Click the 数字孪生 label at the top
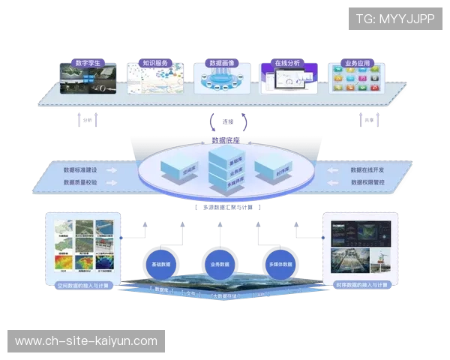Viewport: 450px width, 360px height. click(x=88, y=64)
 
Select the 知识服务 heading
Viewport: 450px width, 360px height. click(x=154, y=64)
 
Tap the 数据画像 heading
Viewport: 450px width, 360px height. click(x=223, y=64)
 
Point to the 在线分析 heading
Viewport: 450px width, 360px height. click(x=287, y=64)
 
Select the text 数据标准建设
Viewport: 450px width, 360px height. click(x=80, y=169)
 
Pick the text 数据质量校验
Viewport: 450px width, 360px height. click(x=80, y=181)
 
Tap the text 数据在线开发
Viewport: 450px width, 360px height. click(x=367, y=169)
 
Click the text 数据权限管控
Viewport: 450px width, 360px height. click(x=367, y=181)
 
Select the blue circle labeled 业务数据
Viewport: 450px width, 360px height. click(x=220, y=265)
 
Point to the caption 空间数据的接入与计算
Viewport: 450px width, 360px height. click(x=85, y=285)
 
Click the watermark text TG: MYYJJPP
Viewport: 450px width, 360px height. click(x=395, y=18)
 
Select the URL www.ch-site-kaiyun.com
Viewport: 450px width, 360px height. click(x=86, y=341)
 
